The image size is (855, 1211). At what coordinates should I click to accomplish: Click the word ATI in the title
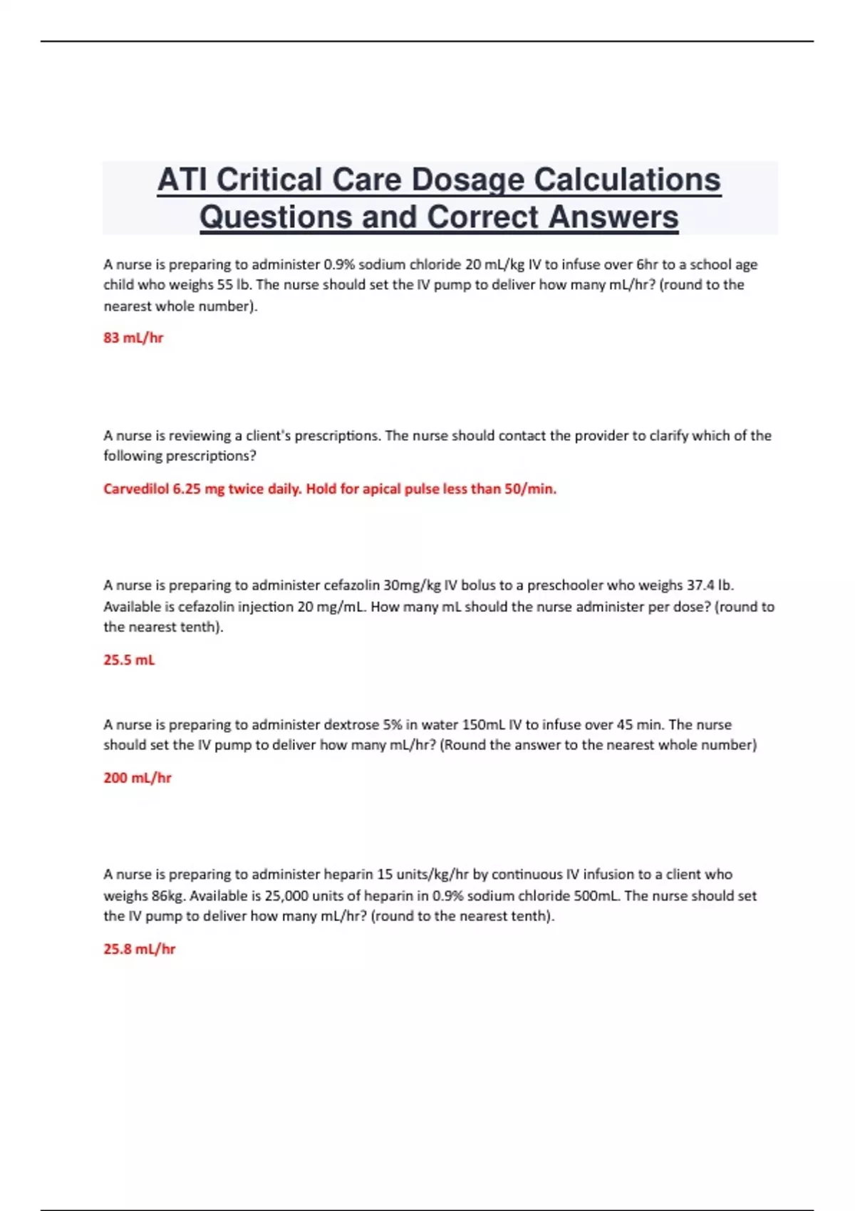182,180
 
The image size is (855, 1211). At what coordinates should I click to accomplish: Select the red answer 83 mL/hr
133,338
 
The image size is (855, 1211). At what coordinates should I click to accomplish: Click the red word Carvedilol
136,489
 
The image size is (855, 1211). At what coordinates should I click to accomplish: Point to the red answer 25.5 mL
129,660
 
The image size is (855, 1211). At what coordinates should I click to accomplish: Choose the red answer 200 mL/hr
138,778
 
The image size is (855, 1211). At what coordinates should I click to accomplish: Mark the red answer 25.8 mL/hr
139,949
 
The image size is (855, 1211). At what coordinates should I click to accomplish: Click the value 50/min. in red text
530,489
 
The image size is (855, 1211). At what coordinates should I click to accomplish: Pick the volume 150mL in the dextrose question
483,724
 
